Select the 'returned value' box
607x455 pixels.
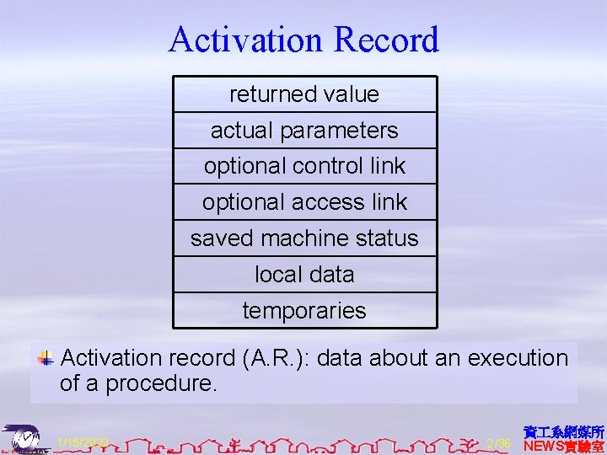(x=304, y=94)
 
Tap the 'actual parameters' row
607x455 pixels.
(x=304, y=131)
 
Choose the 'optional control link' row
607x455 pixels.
(x=304, y=166)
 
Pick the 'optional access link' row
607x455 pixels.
(x=304, y=202)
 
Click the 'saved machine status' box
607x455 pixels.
(x=304, y=238)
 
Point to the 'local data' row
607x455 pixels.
(x=304, y=275)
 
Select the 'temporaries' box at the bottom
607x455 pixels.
(x=304, y=311)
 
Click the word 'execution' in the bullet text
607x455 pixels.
(x=518, y=358)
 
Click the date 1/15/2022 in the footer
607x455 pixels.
(x=82, y=442)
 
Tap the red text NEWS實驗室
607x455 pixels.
(x=563, y=446)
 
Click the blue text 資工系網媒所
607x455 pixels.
(x=563, y=431)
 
